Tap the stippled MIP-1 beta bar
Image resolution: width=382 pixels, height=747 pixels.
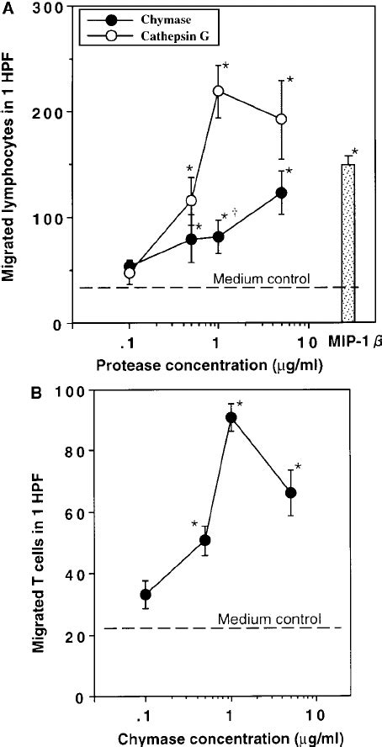348,242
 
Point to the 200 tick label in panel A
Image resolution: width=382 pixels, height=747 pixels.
48,112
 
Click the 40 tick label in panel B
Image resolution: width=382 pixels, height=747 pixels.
51,575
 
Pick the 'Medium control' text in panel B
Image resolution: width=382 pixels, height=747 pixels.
269,619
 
